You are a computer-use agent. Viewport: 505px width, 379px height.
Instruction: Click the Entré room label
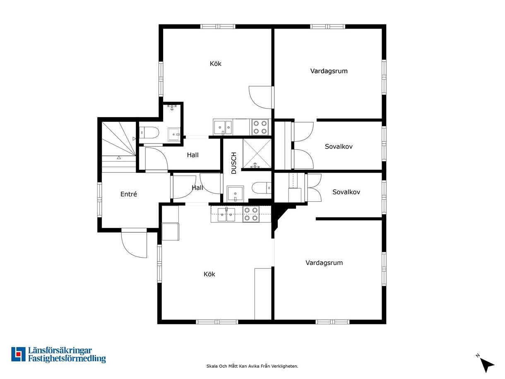pyautogui.click(x=129, y=194)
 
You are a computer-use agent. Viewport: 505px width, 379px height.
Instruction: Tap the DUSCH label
pyautogui.click(x=234, y=163)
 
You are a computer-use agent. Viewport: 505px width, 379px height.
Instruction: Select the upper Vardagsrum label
pyautogui.click(x=329, y=71)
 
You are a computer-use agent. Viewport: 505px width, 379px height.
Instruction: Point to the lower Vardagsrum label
pyautogui.click(x=324, y=263)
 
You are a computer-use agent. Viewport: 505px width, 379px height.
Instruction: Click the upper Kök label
pyautogui.click(x=215, y=63)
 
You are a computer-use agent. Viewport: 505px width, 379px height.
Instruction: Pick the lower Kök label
pyautogui.click(x=209, y=274)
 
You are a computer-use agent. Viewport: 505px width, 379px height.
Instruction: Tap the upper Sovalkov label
pyautogui.click(x=339, y=146)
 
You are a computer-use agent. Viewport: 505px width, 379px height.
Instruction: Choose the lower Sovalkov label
pyautogui.click(x=346, y=192)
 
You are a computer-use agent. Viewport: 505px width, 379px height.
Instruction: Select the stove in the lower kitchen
pyautogui.click(x=251, y=214)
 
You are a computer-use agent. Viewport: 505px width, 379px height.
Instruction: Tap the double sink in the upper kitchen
pyautogui.click(x=223, y=127)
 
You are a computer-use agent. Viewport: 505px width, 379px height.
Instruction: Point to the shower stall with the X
pyautogui.click(x=257, y=153)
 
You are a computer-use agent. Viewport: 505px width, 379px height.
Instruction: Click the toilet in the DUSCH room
pyautogui.click(x=262, y=188)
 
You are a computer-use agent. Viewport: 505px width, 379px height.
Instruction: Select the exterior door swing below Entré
pyautogui.click(x=134, y=244)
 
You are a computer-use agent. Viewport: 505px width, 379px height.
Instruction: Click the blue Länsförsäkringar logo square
pyautogui.click(x=18, y=355)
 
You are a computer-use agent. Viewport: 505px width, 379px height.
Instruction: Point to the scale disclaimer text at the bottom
pyautogui.click(x=252, y=366)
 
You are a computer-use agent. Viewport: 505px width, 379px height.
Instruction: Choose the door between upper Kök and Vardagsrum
pyautogui.click(x=261, y=97)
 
